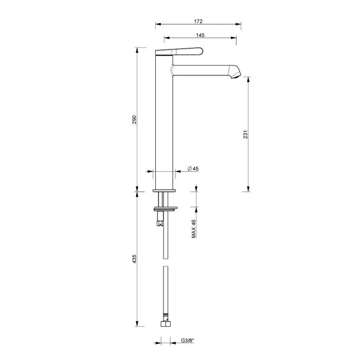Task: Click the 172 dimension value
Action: coord(198,22)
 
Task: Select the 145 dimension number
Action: coord(200,35)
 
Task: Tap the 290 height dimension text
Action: coord(134,120)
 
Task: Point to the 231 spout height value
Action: coord(246,134)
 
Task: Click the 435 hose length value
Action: coord(134,259)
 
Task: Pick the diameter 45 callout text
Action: coord(193,169)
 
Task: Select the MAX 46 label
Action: coord(193,229)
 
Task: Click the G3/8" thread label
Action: coord(188,340)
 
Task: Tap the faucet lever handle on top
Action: coord(179,51)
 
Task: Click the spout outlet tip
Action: coord(236,76)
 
